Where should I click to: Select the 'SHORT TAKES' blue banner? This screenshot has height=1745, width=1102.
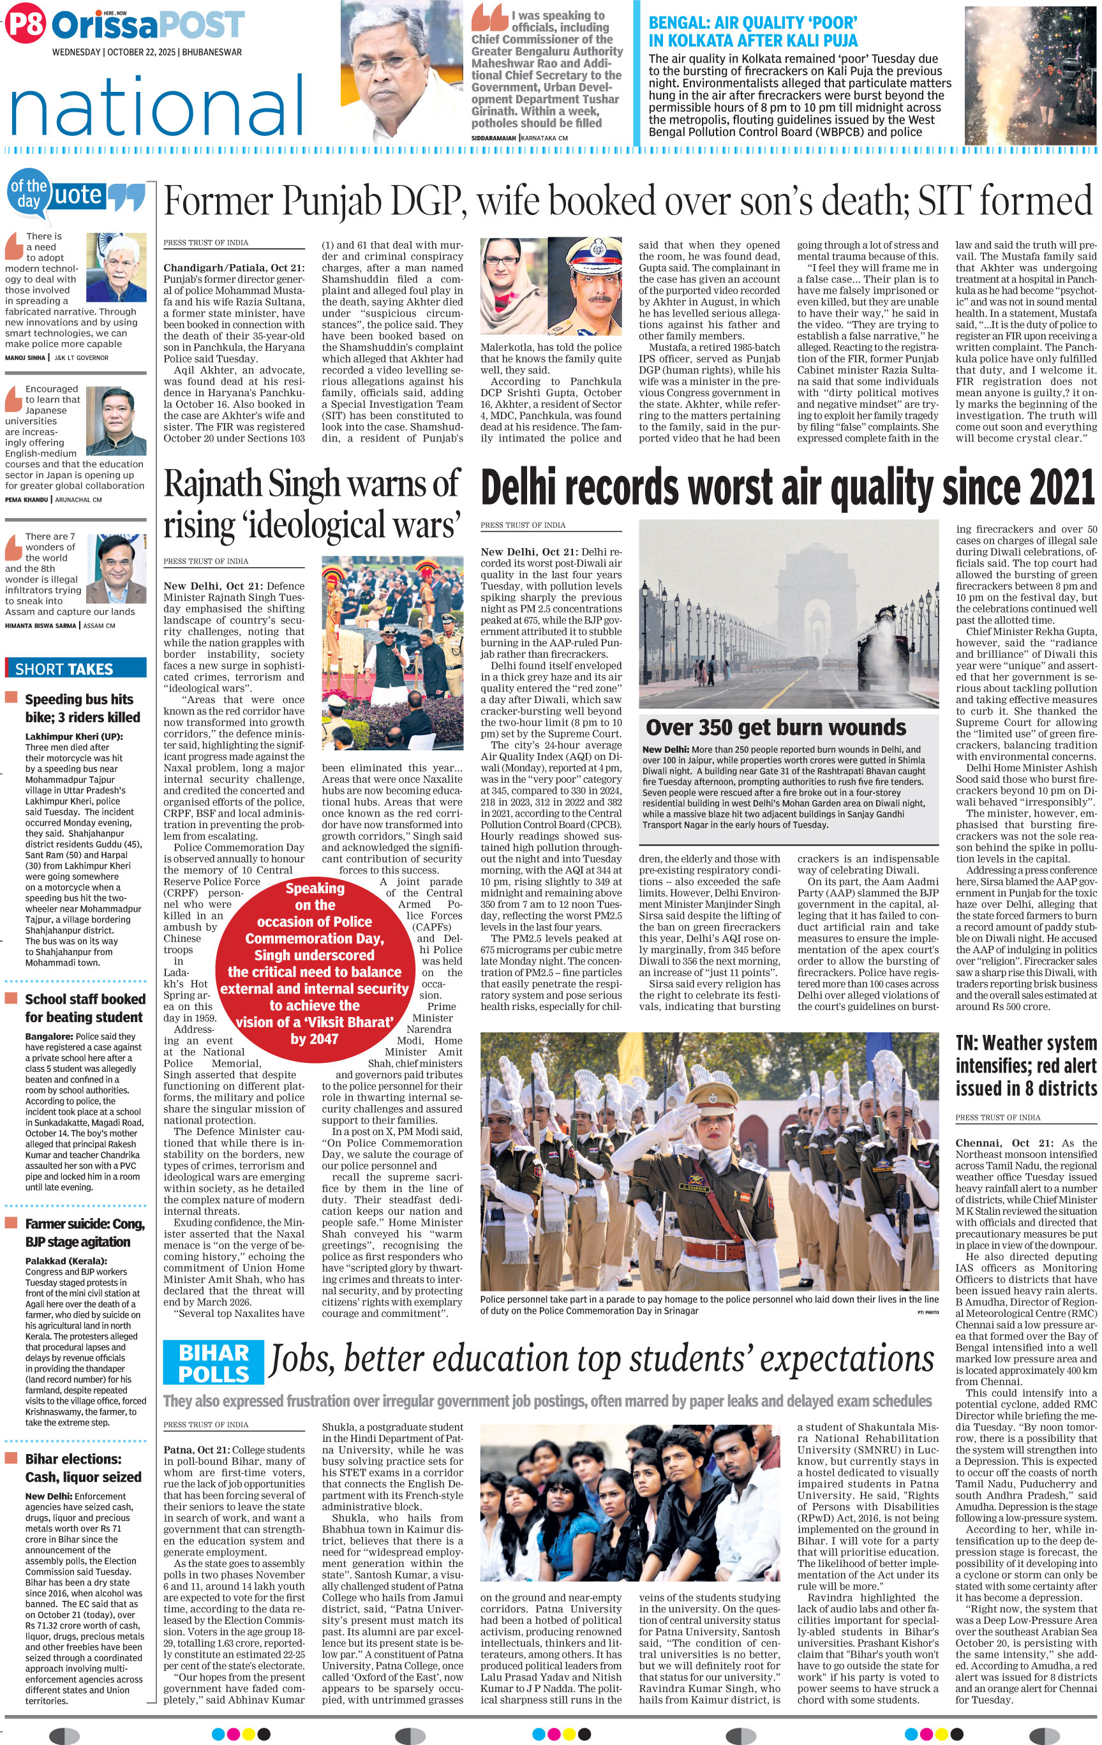(x=75, y=668)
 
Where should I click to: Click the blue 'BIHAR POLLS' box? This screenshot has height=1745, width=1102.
(x=213, y=1363)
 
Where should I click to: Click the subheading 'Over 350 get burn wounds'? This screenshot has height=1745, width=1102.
(x=775, y=727)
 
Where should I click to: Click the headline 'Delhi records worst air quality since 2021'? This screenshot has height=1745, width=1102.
(x=787, y=487)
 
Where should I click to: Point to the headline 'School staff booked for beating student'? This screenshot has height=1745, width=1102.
(x=85, y=1008)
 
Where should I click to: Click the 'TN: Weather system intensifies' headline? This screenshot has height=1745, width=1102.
(x=1025, y=1066)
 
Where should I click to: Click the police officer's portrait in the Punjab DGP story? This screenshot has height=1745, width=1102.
(x=590, y=290)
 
